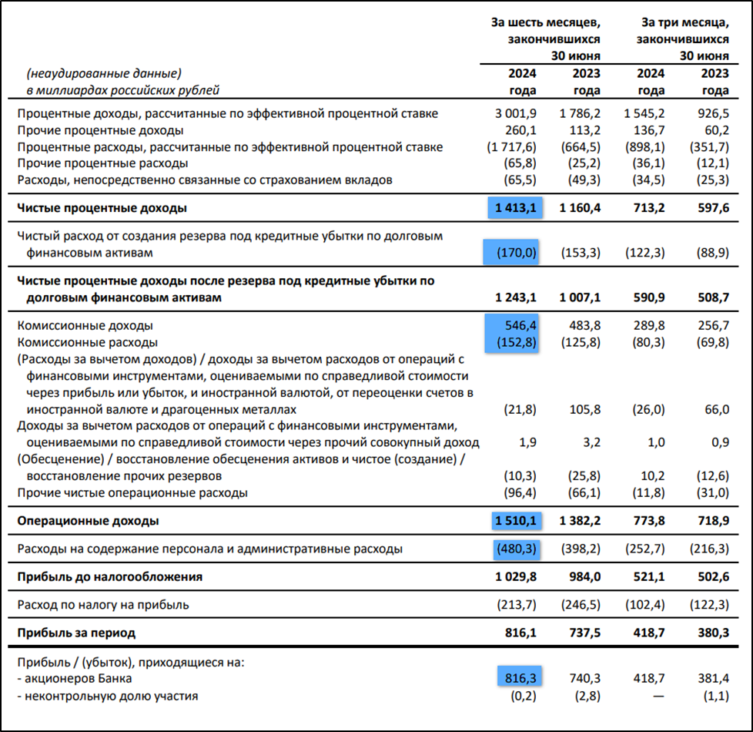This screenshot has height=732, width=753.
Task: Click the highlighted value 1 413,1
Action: coord(513,208)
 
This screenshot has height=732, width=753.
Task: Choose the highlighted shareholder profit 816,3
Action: coord(520,679)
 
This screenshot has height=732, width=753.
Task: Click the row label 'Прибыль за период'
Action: coord(76,633)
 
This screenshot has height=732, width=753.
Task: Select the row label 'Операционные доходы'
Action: coord(88,521)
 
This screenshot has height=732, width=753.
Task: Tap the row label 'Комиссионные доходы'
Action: coord(85,325)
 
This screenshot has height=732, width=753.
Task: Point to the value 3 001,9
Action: coord(514,113)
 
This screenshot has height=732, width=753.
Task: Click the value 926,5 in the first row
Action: coord(711,113)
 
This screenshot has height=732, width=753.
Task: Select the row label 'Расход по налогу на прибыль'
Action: coord(102,605)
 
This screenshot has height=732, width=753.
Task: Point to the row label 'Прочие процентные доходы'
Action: coord(100,130)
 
